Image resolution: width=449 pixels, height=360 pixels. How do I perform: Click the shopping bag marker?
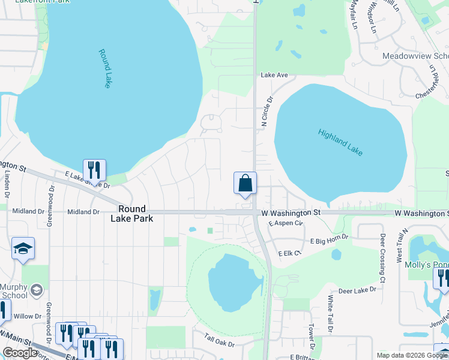245,183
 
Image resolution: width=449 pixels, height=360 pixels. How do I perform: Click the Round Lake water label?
105,68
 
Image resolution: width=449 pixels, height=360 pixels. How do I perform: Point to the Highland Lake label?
340,143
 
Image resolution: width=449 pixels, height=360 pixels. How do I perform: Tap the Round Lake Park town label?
132,214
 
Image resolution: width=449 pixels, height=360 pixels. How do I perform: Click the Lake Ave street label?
274,75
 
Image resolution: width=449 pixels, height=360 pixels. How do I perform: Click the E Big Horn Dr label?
330,241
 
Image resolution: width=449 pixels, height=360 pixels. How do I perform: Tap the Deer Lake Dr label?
357,289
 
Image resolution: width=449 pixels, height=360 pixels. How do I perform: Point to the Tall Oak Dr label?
219,340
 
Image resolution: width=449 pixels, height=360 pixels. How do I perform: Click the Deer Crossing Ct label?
382,258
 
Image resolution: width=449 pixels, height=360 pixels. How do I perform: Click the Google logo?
20,353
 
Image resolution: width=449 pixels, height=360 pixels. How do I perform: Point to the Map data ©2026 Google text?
411,355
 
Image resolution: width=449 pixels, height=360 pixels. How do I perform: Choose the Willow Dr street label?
27,316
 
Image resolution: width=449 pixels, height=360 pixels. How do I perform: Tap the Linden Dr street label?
8,184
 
